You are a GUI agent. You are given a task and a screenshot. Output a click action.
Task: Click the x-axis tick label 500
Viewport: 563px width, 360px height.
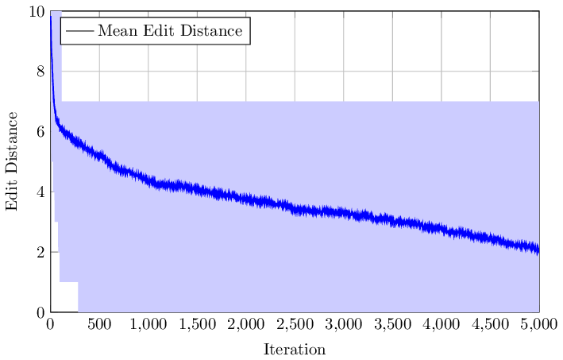[x=99, y=324]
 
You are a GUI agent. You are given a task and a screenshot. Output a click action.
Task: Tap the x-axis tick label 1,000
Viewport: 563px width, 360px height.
[x=148, y=324]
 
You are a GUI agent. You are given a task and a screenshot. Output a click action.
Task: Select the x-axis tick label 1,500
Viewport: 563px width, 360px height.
[x=197, y=324]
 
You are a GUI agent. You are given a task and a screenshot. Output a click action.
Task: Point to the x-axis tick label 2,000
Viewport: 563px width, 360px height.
[x=246, y=324]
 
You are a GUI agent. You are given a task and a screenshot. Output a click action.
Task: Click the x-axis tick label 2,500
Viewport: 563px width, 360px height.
[x=295, y=324]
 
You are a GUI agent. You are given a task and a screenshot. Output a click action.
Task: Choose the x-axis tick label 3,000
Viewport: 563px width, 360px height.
[x=344, y=324]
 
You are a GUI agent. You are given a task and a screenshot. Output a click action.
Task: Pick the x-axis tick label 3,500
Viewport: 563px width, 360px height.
[x=392, y=324]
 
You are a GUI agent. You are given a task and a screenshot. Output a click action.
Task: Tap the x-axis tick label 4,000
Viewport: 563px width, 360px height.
[x=442, y=324]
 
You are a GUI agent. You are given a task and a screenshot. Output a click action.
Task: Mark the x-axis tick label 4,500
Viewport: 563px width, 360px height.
[x=491, y=324]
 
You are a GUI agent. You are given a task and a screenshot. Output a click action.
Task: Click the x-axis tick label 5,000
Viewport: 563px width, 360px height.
[x=539, y=324]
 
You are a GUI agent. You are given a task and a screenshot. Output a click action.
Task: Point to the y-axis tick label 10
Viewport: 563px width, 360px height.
[x=37, y=11]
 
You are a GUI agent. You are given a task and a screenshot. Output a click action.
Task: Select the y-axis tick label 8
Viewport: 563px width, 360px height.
[x=40, y=72]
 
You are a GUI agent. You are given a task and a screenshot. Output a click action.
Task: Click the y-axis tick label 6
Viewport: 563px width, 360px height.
[x=40, y=132]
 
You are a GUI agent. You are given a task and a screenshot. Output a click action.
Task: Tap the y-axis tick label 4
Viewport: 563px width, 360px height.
[x=40, y=192]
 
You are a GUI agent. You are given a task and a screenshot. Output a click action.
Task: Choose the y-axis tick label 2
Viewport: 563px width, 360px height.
[x=40, y=252]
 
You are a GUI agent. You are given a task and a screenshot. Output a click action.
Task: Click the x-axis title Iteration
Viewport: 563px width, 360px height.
[x=295, y=349]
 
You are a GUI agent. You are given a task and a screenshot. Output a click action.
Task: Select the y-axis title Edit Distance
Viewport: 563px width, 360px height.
[x=12, y=161]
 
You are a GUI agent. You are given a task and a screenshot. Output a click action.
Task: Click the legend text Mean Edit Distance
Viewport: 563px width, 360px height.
[x=169, y=32]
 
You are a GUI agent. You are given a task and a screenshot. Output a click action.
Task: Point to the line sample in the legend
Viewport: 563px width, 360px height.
[x=79, y=32]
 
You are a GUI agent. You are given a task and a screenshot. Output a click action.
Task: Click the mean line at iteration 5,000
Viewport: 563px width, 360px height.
[x=538, y=250]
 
